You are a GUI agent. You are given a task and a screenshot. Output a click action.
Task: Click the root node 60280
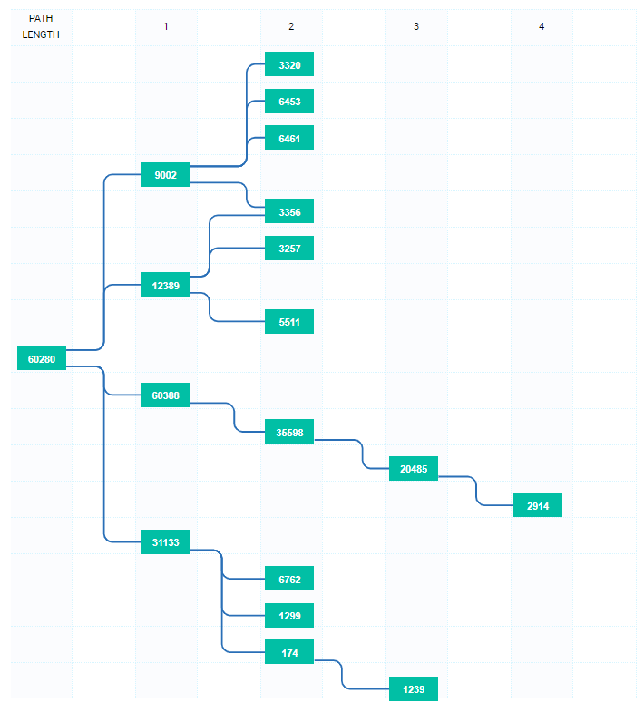pyautogui.click(x=42, y=358)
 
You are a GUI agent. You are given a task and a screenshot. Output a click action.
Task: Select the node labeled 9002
pyautogui.click(x=166, y=174)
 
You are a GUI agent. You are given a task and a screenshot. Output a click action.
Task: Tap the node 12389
pyautogui.click(x=166, y=285)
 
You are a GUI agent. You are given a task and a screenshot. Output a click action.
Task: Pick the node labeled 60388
pyautogui.click(x=166, y=395)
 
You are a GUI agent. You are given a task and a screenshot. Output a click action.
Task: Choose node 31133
pyautogui.click(x=166, y=541)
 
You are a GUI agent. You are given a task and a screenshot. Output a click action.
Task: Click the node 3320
pyautogui.click(x=289, y=64)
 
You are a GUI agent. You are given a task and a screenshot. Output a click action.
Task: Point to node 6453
pyautogui.click(x=289, y=101)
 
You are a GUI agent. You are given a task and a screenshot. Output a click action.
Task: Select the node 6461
pyautogui.click(x=289, y=138)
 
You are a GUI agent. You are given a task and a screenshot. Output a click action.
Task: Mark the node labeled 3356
pyautogui.click(x=289, y=211)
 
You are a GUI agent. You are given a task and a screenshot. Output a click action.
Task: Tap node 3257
pyautogui.click(x=289, y=248)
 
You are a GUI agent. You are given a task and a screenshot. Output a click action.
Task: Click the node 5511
pyautogui.click(x=289, y=321)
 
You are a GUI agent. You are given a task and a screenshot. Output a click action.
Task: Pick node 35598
pyautogui.click(x=289, y=432)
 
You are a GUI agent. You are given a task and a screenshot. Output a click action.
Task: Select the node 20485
pyautogui.click(x=414, y=469)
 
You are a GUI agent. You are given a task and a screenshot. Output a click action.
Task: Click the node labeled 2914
pyautogui.click(x=538, y=505)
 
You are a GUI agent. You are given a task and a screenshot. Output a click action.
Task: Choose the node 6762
pyautogui.click(x=289, y=579)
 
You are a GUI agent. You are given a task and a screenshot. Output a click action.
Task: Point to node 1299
pyautogui.click(x=289, y=615)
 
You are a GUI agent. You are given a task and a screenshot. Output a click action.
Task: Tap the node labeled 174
pyautogui.click(x=289, y=652)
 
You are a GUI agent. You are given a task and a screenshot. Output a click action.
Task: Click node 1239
pyautogui.click(x=414, y=688)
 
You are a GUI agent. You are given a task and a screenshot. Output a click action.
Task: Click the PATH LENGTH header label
pyautogui.click(x=41, y=26)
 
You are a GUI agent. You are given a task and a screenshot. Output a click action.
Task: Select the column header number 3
pyautogui.click(x=416, y=26)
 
